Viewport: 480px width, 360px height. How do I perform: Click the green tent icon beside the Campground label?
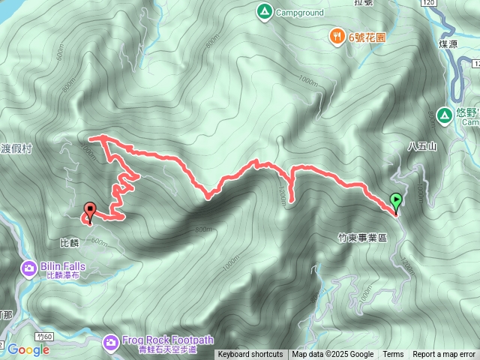(263, 11)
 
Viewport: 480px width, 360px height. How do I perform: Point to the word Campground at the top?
(299, 12)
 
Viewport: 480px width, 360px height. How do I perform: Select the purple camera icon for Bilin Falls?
(29, 267)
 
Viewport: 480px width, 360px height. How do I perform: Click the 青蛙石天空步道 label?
(161, 349)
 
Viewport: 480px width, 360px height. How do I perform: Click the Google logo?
(28, 349)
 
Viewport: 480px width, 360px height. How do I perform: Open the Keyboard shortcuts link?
(250, 355)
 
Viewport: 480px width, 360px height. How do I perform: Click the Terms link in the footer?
(393, 355)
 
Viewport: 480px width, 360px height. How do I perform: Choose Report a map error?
(444, 355)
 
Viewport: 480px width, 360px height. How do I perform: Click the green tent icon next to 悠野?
(443, 115)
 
